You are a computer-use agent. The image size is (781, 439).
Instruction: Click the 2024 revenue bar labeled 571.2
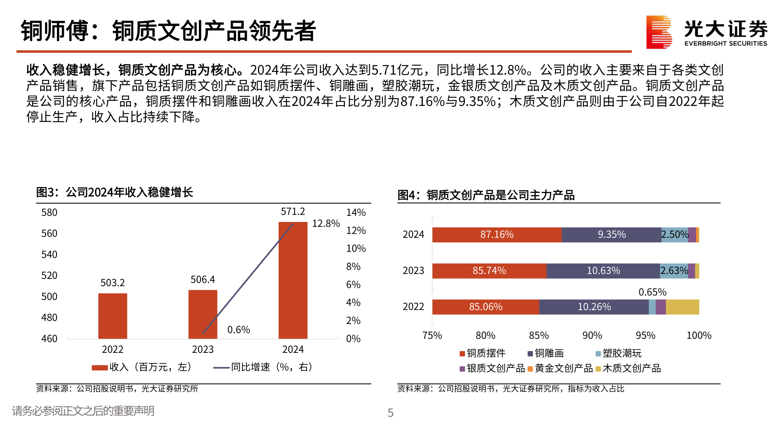click(x=293, y=280)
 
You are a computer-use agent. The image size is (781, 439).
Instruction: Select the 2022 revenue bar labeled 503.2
click(x=113, y=316)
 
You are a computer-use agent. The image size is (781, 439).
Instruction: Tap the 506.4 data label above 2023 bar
click(x=203, y=280)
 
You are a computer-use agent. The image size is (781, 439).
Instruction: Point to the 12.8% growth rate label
click(x=325, y=224)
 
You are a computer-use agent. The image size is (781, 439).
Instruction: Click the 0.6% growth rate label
click(x=238, y=330)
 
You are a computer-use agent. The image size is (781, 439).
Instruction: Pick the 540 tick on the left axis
click(x=49, y=255)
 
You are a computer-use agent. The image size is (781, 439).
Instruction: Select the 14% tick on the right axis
click(x=356, y=213)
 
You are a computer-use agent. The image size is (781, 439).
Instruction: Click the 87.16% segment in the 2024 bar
click(x=497, y=235)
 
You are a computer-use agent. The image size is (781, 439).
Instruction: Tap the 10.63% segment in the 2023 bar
click(x=603, y=271)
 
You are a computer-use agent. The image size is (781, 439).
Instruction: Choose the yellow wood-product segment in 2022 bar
click(x=682, y=307)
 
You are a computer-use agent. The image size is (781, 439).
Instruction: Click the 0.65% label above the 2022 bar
click(x=652, y=292)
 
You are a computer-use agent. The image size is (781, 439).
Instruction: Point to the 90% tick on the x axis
click(x=592, y=336)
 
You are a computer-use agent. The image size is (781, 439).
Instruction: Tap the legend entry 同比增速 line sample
click(x=221, y=368)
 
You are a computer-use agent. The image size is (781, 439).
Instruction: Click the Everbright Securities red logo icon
click(x=659, y=32)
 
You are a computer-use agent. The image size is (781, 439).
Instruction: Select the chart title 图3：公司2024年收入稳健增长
click(x=114, y=192)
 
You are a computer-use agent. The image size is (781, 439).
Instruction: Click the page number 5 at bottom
click(x=390, y=413)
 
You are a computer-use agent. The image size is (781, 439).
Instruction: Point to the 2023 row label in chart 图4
click(x=413, y=271)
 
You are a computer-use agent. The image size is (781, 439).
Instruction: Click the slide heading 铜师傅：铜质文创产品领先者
click(x=168, y=31)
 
